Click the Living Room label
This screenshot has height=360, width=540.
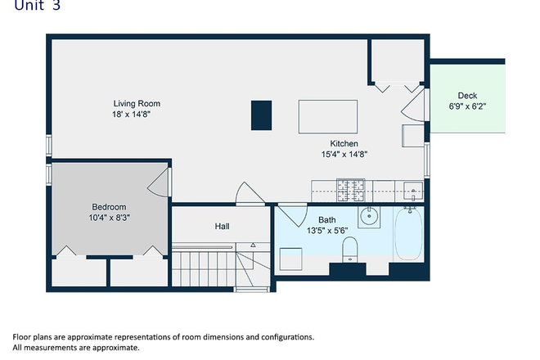[x=137, y=103]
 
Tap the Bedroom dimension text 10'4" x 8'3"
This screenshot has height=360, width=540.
[x=109, y=218]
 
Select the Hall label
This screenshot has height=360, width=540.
[x=222, y=227]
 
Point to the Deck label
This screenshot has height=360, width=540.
[x=467, y=96]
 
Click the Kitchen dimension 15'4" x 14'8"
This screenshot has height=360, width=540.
[x=344, y=154]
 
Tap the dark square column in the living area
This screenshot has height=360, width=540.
[x=261, y=115]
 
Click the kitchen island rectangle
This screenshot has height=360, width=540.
[x=328, y=116]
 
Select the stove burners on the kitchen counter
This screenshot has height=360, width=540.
[x=350, y=190]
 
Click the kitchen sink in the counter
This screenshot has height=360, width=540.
[x=413, y=191]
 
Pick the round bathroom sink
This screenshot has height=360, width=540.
[x=369, y=217]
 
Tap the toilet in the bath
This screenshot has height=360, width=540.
[x=350, y=249]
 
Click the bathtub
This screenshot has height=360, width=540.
[x=408, y=233]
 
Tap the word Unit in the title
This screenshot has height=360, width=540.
[x=29, y=5]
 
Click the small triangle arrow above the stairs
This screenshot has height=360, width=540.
[x=253, y=245]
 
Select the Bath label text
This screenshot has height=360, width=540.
[x=326, y=220]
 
